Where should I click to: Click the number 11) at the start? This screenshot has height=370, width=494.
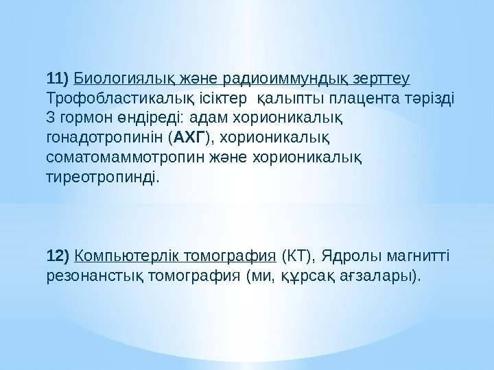[57, 75]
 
